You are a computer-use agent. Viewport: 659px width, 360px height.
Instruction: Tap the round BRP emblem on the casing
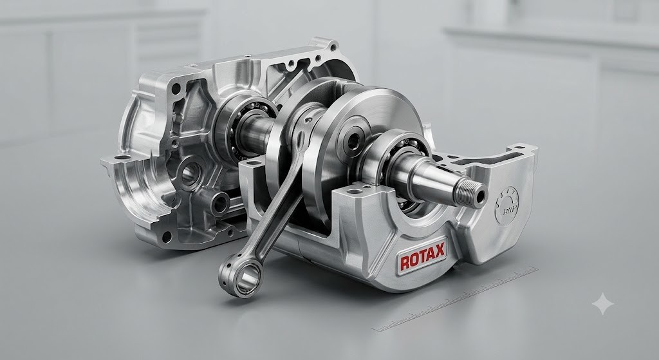tap(507, 207)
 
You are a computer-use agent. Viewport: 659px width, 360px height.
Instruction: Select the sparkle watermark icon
tap(602, 303)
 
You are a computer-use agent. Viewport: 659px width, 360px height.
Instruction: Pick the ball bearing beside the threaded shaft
tap(404, 168)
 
